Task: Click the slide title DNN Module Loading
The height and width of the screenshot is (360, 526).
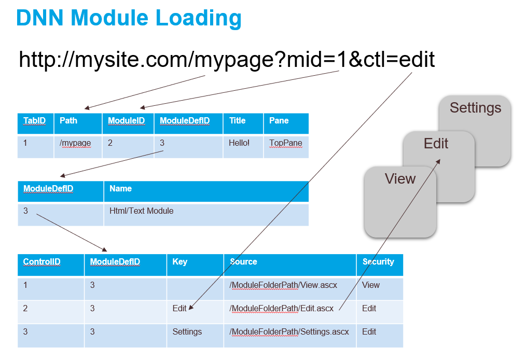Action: coord(129,18)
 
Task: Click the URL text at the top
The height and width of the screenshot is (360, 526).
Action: coord(227,60)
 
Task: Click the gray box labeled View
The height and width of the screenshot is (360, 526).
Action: coord(400,202)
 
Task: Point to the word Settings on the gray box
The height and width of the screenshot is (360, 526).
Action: coord(475,108)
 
